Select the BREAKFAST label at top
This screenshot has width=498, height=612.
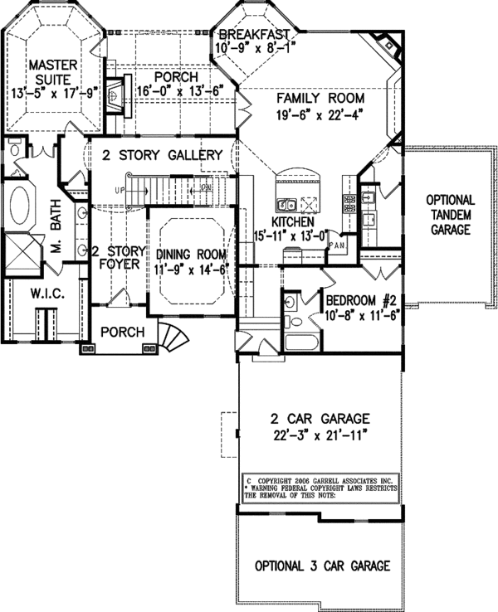254,34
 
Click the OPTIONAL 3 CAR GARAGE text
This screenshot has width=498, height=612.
322,566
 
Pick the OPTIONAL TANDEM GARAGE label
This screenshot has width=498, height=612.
451,214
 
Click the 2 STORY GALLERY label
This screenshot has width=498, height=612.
162,155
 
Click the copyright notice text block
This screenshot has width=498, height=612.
320,488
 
